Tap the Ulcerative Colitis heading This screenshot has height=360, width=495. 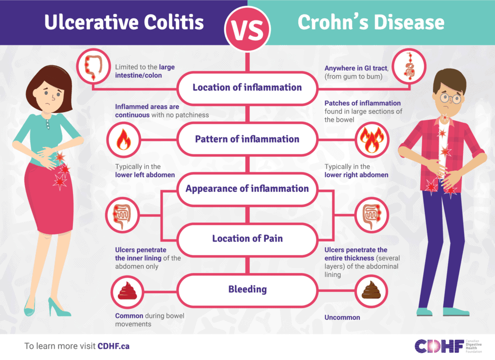(x=124, y=22)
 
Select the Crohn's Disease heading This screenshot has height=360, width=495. (x=371, y=22)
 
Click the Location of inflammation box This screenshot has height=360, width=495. (x=247, y=88)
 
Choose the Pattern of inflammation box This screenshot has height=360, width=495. (x=247, y=139)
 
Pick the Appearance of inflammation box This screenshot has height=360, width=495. (x=247, y=189)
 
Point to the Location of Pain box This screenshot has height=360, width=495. (x=247, y=238)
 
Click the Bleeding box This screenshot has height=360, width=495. (x=247, y=289)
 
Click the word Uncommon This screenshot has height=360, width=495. (x=342, y=317)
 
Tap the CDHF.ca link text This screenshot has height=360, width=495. (x=114, y=346)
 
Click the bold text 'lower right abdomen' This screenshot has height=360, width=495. (x=356, y=175)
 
